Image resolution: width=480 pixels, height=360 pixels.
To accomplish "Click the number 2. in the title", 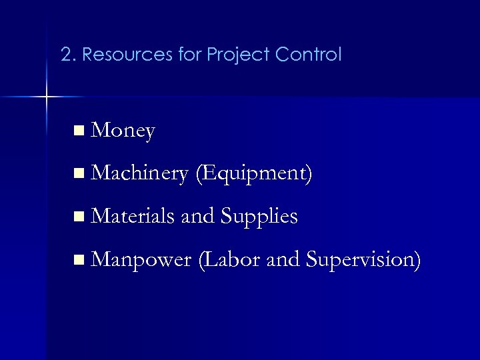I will [x=67, y=54].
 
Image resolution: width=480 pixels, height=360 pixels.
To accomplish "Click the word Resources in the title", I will [x=115, y=54].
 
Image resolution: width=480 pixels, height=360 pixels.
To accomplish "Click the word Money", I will [x=124, y=131].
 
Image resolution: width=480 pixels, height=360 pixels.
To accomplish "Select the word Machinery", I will [x=140, y=173].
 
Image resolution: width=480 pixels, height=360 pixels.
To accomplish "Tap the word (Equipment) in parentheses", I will [x=254, y=174].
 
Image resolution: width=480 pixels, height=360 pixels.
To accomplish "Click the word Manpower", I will [x=140, y=259].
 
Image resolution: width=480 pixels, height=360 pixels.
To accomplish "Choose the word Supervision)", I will [x=363, y=259].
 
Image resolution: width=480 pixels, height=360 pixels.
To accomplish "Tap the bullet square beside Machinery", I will [x=80, y=175].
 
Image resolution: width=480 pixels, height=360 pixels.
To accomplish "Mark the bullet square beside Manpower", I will [x=80, y=259].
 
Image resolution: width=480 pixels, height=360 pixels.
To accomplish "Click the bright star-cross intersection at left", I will [x=47, y=98].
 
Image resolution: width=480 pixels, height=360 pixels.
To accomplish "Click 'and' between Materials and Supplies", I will [x=200, y=216].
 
